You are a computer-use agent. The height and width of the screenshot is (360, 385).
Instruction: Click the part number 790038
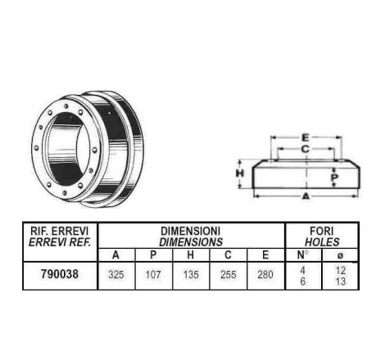tap(60, 274)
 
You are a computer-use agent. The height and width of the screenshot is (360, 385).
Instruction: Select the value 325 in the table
tap(116, 274)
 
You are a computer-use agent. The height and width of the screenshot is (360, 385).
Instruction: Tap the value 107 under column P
tap(153, 274)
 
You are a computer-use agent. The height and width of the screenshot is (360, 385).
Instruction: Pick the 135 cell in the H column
tap(191, 274)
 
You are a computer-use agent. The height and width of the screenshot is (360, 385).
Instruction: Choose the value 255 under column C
tap(228, 274)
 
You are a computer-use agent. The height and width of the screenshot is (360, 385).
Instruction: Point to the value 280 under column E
tap(265, 274)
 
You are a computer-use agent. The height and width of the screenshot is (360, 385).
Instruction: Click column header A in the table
tap(115, 255)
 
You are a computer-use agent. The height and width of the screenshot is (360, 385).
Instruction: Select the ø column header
tap(340, 255)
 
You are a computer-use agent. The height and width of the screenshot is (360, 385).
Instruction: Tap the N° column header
tap(302, 255)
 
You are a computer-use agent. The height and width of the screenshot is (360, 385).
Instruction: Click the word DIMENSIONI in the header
tap(190, 231)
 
